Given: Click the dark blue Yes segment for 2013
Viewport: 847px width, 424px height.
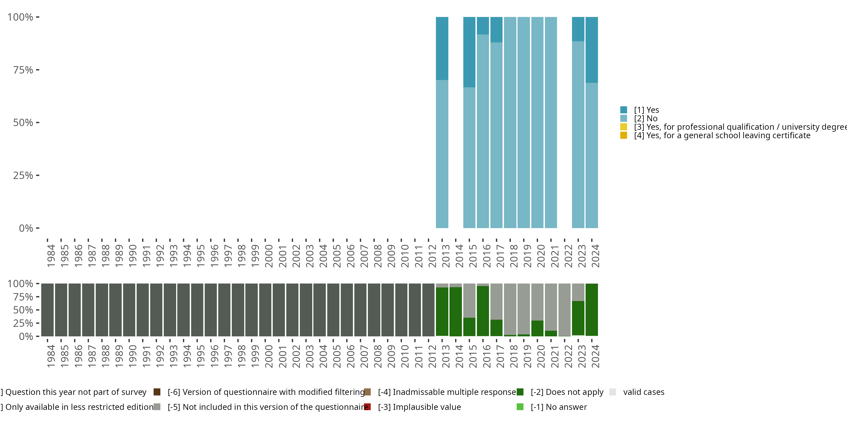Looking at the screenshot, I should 442,48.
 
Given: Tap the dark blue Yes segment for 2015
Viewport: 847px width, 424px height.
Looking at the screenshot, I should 469,52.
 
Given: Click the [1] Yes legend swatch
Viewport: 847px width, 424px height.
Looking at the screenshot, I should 623,110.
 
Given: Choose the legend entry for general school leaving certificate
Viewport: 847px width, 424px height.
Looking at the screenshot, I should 722,136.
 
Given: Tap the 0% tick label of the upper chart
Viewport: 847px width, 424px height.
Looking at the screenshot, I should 26,228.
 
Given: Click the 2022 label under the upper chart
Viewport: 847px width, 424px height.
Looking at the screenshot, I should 568,256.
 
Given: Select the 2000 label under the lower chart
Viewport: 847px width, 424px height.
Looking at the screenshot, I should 268,356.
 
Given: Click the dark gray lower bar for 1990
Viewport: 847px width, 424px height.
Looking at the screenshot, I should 129,310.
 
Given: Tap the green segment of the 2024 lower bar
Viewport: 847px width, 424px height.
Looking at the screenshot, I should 591,310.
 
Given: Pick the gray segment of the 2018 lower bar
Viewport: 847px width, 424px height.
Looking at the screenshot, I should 510,309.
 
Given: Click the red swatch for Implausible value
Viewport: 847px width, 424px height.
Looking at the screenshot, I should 367,407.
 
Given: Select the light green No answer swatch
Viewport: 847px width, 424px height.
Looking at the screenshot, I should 520,407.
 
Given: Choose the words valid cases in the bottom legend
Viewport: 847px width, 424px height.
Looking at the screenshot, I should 643,392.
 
